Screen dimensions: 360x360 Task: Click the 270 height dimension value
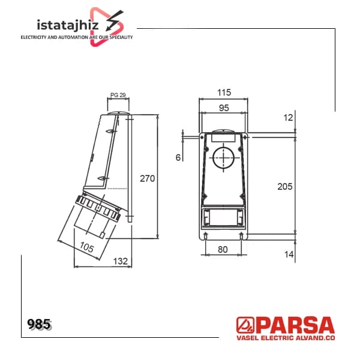(x=147, y=178)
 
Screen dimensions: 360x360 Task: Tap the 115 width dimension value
(x=224, y=92)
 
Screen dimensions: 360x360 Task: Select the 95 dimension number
(x=224, y=107)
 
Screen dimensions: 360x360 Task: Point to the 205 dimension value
(x=284, y=187)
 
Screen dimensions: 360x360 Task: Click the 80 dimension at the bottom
(x=223, y=250)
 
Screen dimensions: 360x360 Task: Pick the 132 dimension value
(x=121, y=261)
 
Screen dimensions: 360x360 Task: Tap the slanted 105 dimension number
(x=87, y=247)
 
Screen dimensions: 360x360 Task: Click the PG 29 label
(x=118, y=95)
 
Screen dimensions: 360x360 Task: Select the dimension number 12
(x=288, y=118)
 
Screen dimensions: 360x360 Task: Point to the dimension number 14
(x=289, y=254)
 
